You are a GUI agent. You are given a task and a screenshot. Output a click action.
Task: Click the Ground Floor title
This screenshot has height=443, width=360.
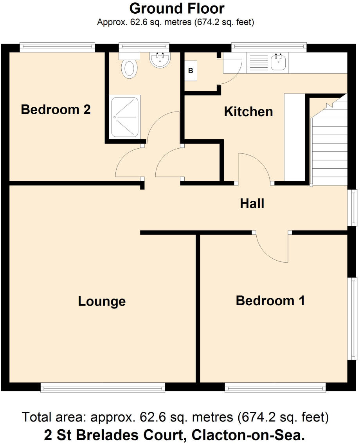177,8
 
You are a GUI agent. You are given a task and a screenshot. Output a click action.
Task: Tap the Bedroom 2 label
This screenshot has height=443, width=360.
56,110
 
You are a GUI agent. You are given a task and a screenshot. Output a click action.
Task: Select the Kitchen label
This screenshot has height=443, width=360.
248,112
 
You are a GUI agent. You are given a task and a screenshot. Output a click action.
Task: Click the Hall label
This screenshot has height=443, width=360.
252,203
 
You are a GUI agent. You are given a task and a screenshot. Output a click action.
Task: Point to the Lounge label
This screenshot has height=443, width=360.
102,301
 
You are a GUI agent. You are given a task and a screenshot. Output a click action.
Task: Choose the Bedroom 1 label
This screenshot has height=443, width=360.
270,301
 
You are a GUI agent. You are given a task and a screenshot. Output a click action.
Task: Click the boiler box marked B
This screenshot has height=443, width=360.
191,71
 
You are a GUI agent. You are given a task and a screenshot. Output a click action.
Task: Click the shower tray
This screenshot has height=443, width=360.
125,116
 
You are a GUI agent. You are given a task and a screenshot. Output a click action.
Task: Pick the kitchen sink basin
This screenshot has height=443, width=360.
278,62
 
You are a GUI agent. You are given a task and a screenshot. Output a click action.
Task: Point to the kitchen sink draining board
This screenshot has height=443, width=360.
258,63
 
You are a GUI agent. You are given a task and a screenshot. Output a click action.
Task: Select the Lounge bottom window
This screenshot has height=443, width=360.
103,387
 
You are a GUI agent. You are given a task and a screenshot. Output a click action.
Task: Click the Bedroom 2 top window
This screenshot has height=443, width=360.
58,47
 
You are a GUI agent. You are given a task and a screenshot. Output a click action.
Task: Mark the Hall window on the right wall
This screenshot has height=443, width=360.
353,207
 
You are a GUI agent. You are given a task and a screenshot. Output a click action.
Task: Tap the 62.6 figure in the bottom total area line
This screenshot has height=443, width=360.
148,417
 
